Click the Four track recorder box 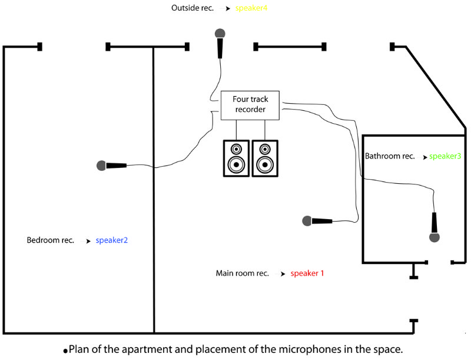250,105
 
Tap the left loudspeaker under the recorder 236,158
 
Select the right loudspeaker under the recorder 265,158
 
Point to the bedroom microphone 112,166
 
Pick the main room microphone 318,221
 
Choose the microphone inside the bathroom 434,227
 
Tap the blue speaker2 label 112,240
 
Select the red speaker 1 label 307,273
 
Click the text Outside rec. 193,8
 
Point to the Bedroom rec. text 51,240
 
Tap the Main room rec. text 242,273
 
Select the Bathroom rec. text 389,157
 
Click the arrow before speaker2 88,241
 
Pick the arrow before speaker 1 283,274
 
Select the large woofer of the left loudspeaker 236,164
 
